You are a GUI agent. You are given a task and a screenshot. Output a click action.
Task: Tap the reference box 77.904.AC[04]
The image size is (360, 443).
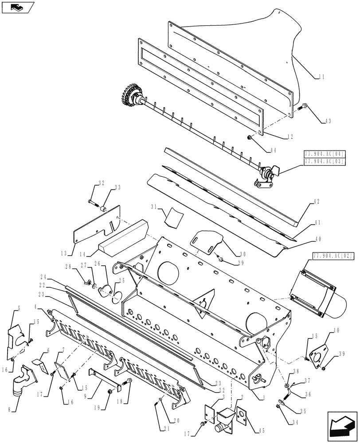(x=325, y=154)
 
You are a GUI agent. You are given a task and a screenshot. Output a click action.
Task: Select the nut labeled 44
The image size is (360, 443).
(x=250, y=139)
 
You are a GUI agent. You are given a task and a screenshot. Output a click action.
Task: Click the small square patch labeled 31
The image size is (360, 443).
(x=174, y=217)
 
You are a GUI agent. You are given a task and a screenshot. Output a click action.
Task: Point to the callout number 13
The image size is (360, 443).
(x=67, y=253)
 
